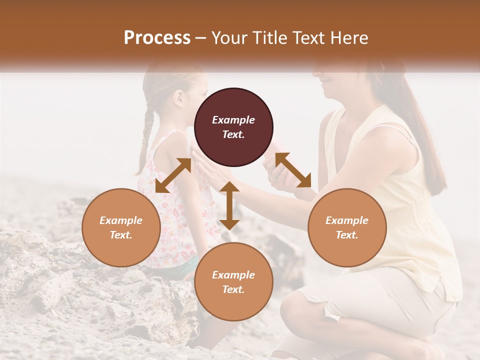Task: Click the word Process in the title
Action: (x=157, y=38)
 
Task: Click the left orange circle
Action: (x=121, y=227)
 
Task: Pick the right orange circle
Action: (x=347, y=227)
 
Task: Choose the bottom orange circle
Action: (x=233, y=281)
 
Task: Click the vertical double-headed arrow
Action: (x=229, y=205)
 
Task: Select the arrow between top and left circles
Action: (x=173, y=175)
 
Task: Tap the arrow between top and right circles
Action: (x=293, y=170)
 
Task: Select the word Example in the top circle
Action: (x=233, y=120)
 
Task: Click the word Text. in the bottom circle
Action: (x=233, y=289)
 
